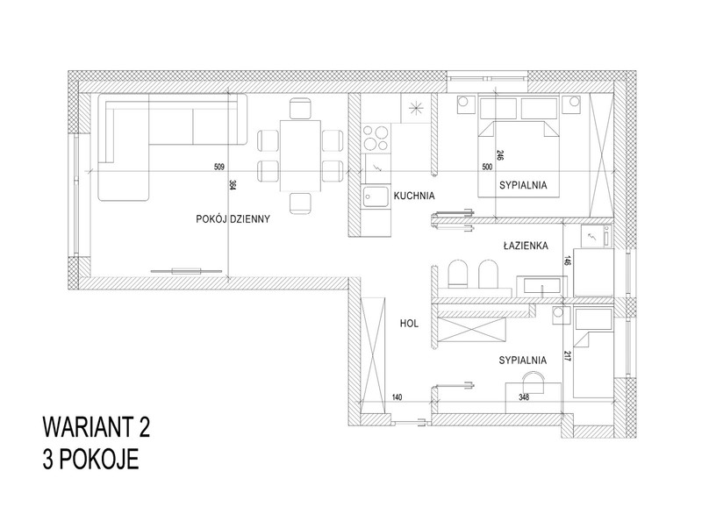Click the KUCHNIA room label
[x=414, y=196]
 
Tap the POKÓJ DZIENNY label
[x=233, y=219]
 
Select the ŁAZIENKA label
[x=526, y=246]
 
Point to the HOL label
[x=409, y=324]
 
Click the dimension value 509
[x=218, y=168]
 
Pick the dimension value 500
[x=487, y=168]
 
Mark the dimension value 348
[x=523, y=397]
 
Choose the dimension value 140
[x=397, y=397]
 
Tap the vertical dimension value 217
[x=567, y=356]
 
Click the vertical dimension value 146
[x=567, y=261]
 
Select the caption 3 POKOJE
[x=91, y=459]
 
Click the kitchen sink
[x=376, y=196]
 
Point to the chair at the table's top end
[x=300, y=108]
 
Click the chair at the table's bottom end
[x=300, y=204]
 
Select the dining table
[x=300, y=156]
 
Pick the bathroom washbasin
[x=541, y=286]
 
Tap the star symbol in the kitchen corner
[x=415, y=108]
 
